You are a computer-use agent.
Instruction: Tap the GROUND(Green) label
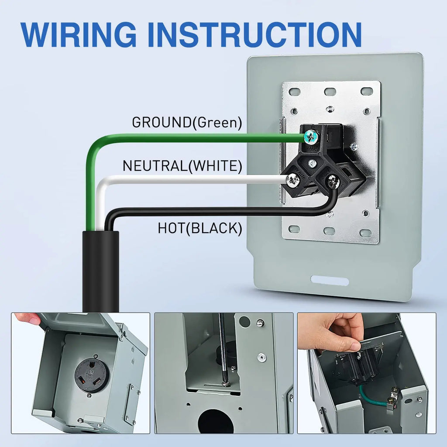187,122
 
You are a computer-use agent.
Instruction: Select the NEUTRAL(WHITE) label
182,165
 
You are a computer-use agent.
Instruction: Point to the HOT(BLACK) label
200,228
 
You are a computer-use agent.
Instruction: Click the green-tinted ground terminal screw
311,137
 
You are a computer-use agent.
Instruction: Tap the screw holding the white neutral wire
292,180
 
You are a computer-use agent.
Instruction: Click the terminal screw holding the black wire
332,181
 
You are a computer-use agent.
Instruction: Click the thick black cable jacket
101,272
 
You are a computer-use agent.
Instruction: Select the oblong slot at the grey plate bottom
330,280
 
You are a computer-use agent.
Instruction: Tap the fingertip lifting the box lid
28,318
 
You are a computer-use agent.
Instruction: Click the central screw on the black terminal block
313,163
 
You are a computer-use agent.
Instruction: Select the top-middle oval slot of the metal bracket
330,92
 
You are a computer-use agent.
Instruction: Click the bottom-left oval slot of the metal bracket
294,229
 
